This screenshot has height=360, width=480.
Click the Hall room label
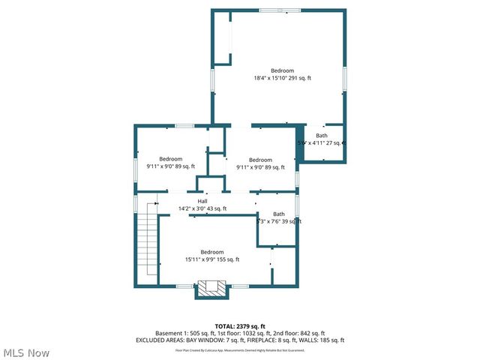tap(202, 201)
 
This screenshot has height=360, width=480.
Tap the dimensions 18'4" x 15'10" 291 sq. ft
tap(282, 78)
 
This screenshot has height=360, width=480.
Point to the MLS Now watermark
tap(26, 352)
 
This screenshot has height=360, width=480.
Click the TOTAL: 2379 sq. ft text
tap(240, 326)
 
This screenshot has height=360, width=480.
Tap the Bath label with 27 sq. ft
tap(321, 135)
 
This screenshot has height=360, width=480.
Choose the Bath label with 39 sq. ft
tap(279, 214)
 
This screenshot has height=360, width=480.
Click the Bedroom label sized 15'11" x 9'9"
tap(212, 252)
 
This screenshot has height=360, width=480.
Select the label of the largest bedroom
tap(282, 70)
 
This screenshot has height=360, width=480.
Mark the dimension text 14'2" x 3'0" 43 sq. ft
tap(202, 208)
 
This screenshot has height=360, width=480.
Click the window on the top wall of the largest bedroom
tap(271, 10)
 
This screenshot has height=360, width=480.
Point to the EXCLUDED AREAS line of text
tap(240, 340)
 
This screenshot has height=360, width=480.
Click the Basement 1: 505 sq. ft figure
tap(183, 333)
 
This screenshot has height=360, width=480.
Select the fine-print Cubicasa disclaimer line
tap(240, 350)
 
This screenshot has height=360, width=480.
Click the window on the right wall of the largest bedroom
tap(345, 78)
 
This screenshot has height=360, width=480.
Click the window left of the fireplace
tap(184, 286)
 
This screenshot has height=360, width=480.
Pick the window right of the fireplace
tap(239, 286)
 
